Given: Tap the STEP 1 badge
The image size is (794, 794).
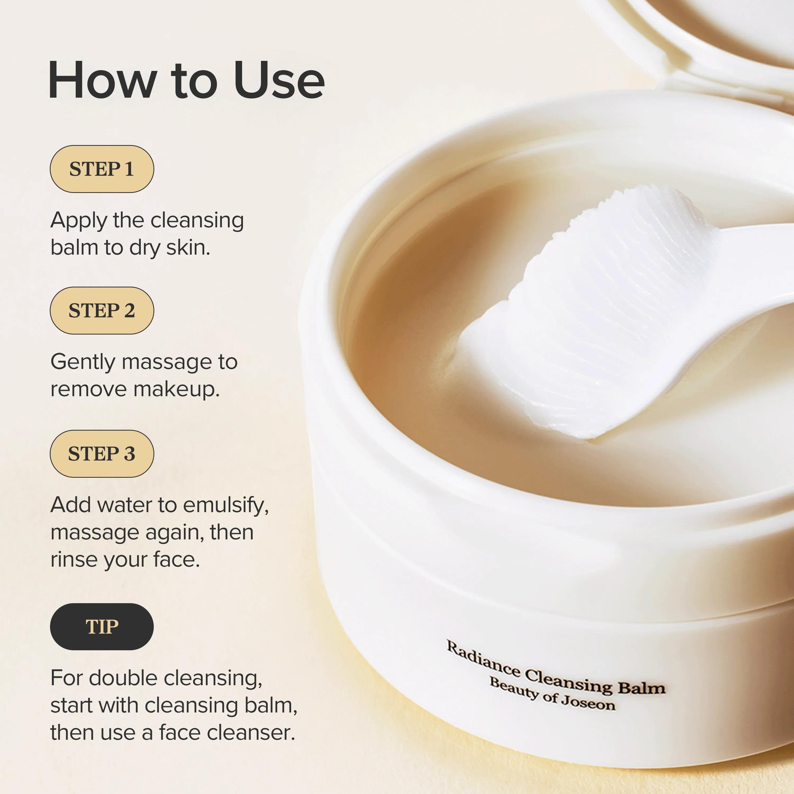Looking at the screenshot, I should [x=102, y=169].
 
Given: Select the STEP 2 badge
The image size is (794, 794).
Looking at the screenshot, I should [x=102, y=310].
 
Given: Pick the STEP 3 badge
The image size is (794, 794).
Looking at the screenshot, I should [x=102, y=454].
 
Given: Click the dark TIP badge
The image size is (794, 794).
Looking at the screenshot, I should [x=102, y=627].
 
